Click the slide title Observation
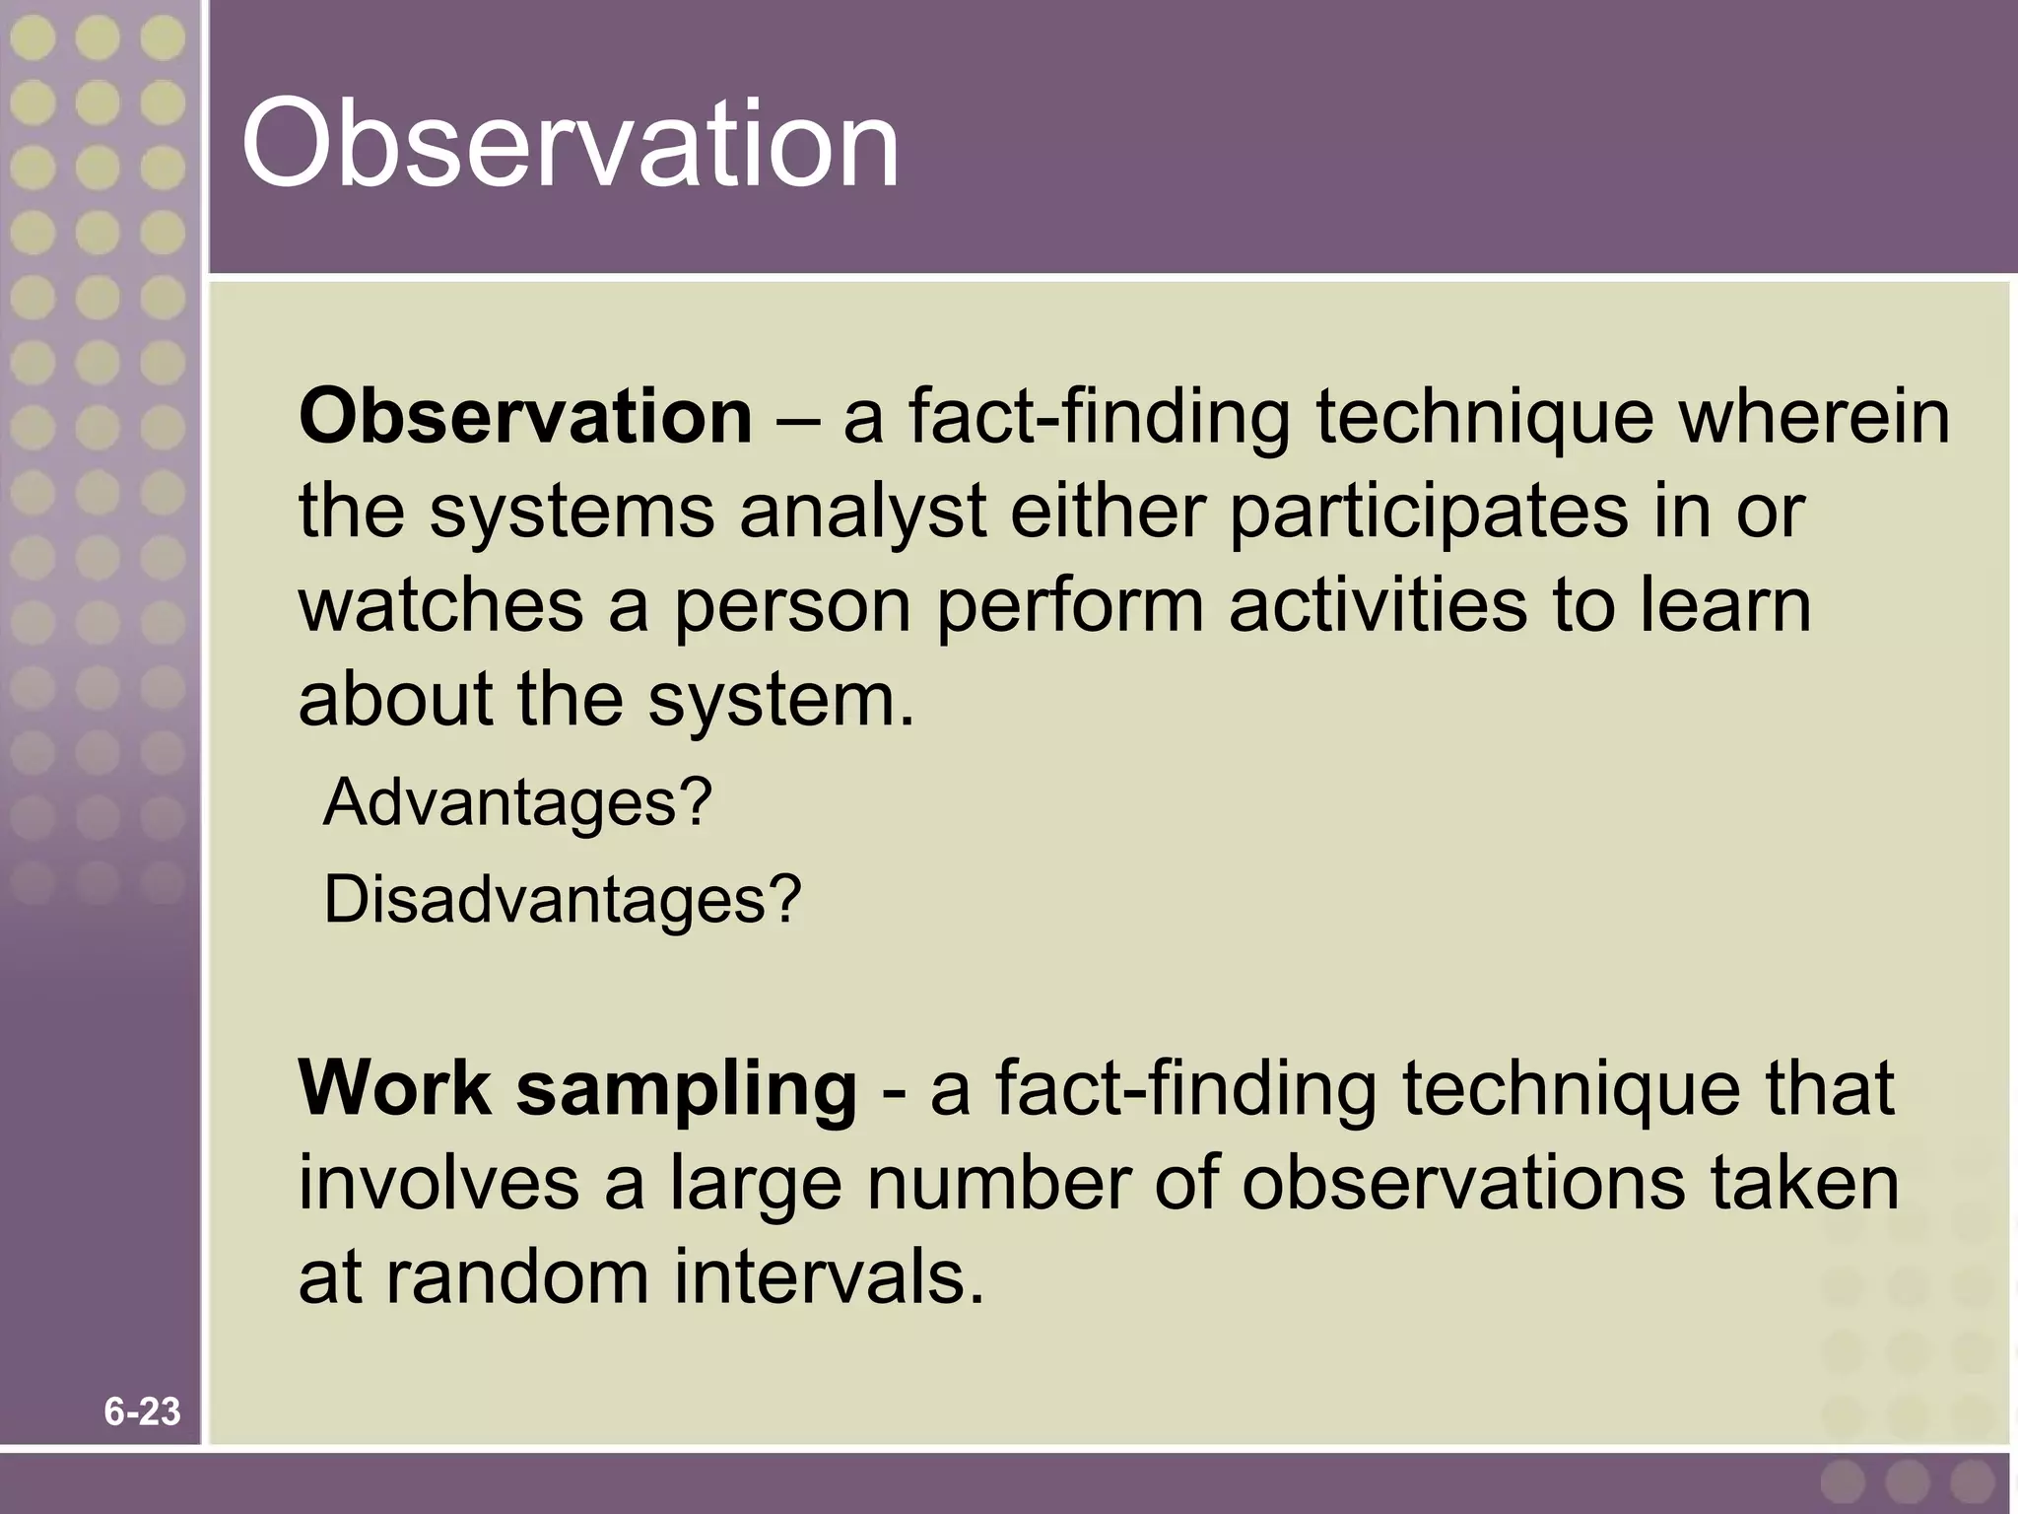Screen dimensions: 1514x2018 [570, 145]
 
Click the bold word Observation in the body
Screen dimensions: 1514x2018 [525, 416]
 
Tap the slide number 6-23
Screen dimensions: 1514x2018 [142, 1411]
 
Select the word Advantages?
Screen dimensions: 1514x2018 [516, 802]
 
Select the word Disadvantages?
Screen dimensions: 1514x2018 [563, 899]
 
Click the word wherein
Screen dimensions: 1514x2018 [1814, 416]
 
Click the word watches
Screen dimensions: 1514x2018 [440, 605]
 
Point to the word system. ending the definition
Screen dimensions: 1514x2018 [782, 702]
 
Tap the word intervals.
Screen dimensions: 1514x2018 [829, 1277]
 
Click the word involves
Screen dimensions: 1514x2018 [438, 1183]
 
